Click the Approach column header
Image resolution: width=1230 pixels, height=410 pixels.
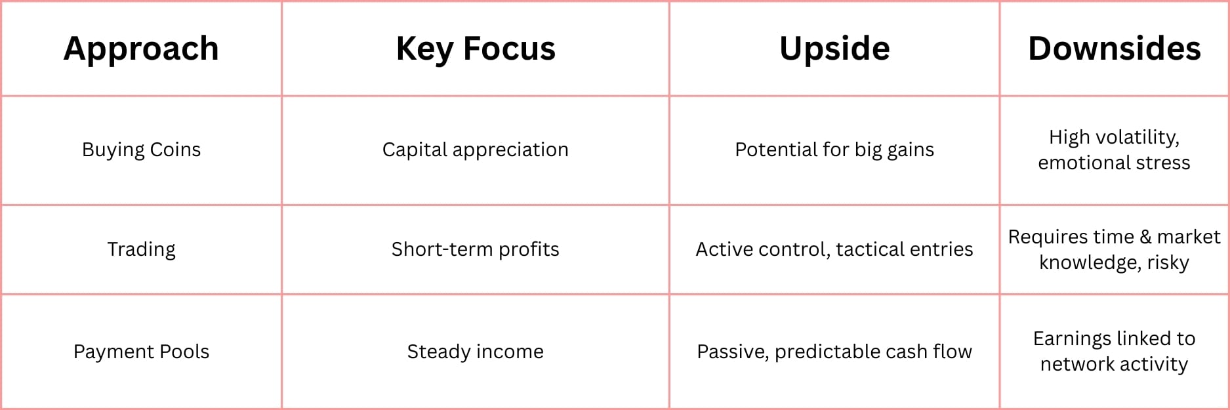[141, 49]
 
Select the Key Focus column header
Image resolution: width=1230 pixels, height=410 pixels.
[476, 49]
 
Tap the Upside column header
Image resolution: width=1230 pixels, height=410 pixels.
[834, 49]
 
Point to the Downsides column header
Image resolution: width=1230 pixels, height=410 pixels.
[1115, 49]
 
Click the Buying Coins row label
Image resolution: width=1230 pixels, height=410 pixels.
[141, 150]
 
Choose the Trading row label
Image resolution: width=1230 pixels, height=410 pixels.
[141, 250]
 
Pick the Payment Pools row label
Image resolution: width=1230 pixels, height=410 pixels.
[141, 352]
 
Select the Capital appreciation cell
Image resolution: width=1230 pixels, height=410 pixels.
[476, 150]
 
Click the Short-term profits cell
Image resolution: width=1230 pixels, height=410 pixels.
[476, 250]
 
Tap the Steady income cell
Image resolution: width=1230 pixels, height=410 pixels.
[476, 352]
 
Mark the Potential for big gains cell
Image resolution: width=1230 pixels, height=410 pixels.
[834, 150]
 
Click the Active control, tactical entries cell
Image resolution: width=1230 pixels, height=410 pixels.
[834, 250]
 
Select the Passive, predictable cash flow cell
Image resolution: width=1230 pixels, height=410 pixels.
[834, 352]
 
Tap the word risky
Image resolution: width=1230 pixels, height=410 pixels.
[1168, 263]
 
